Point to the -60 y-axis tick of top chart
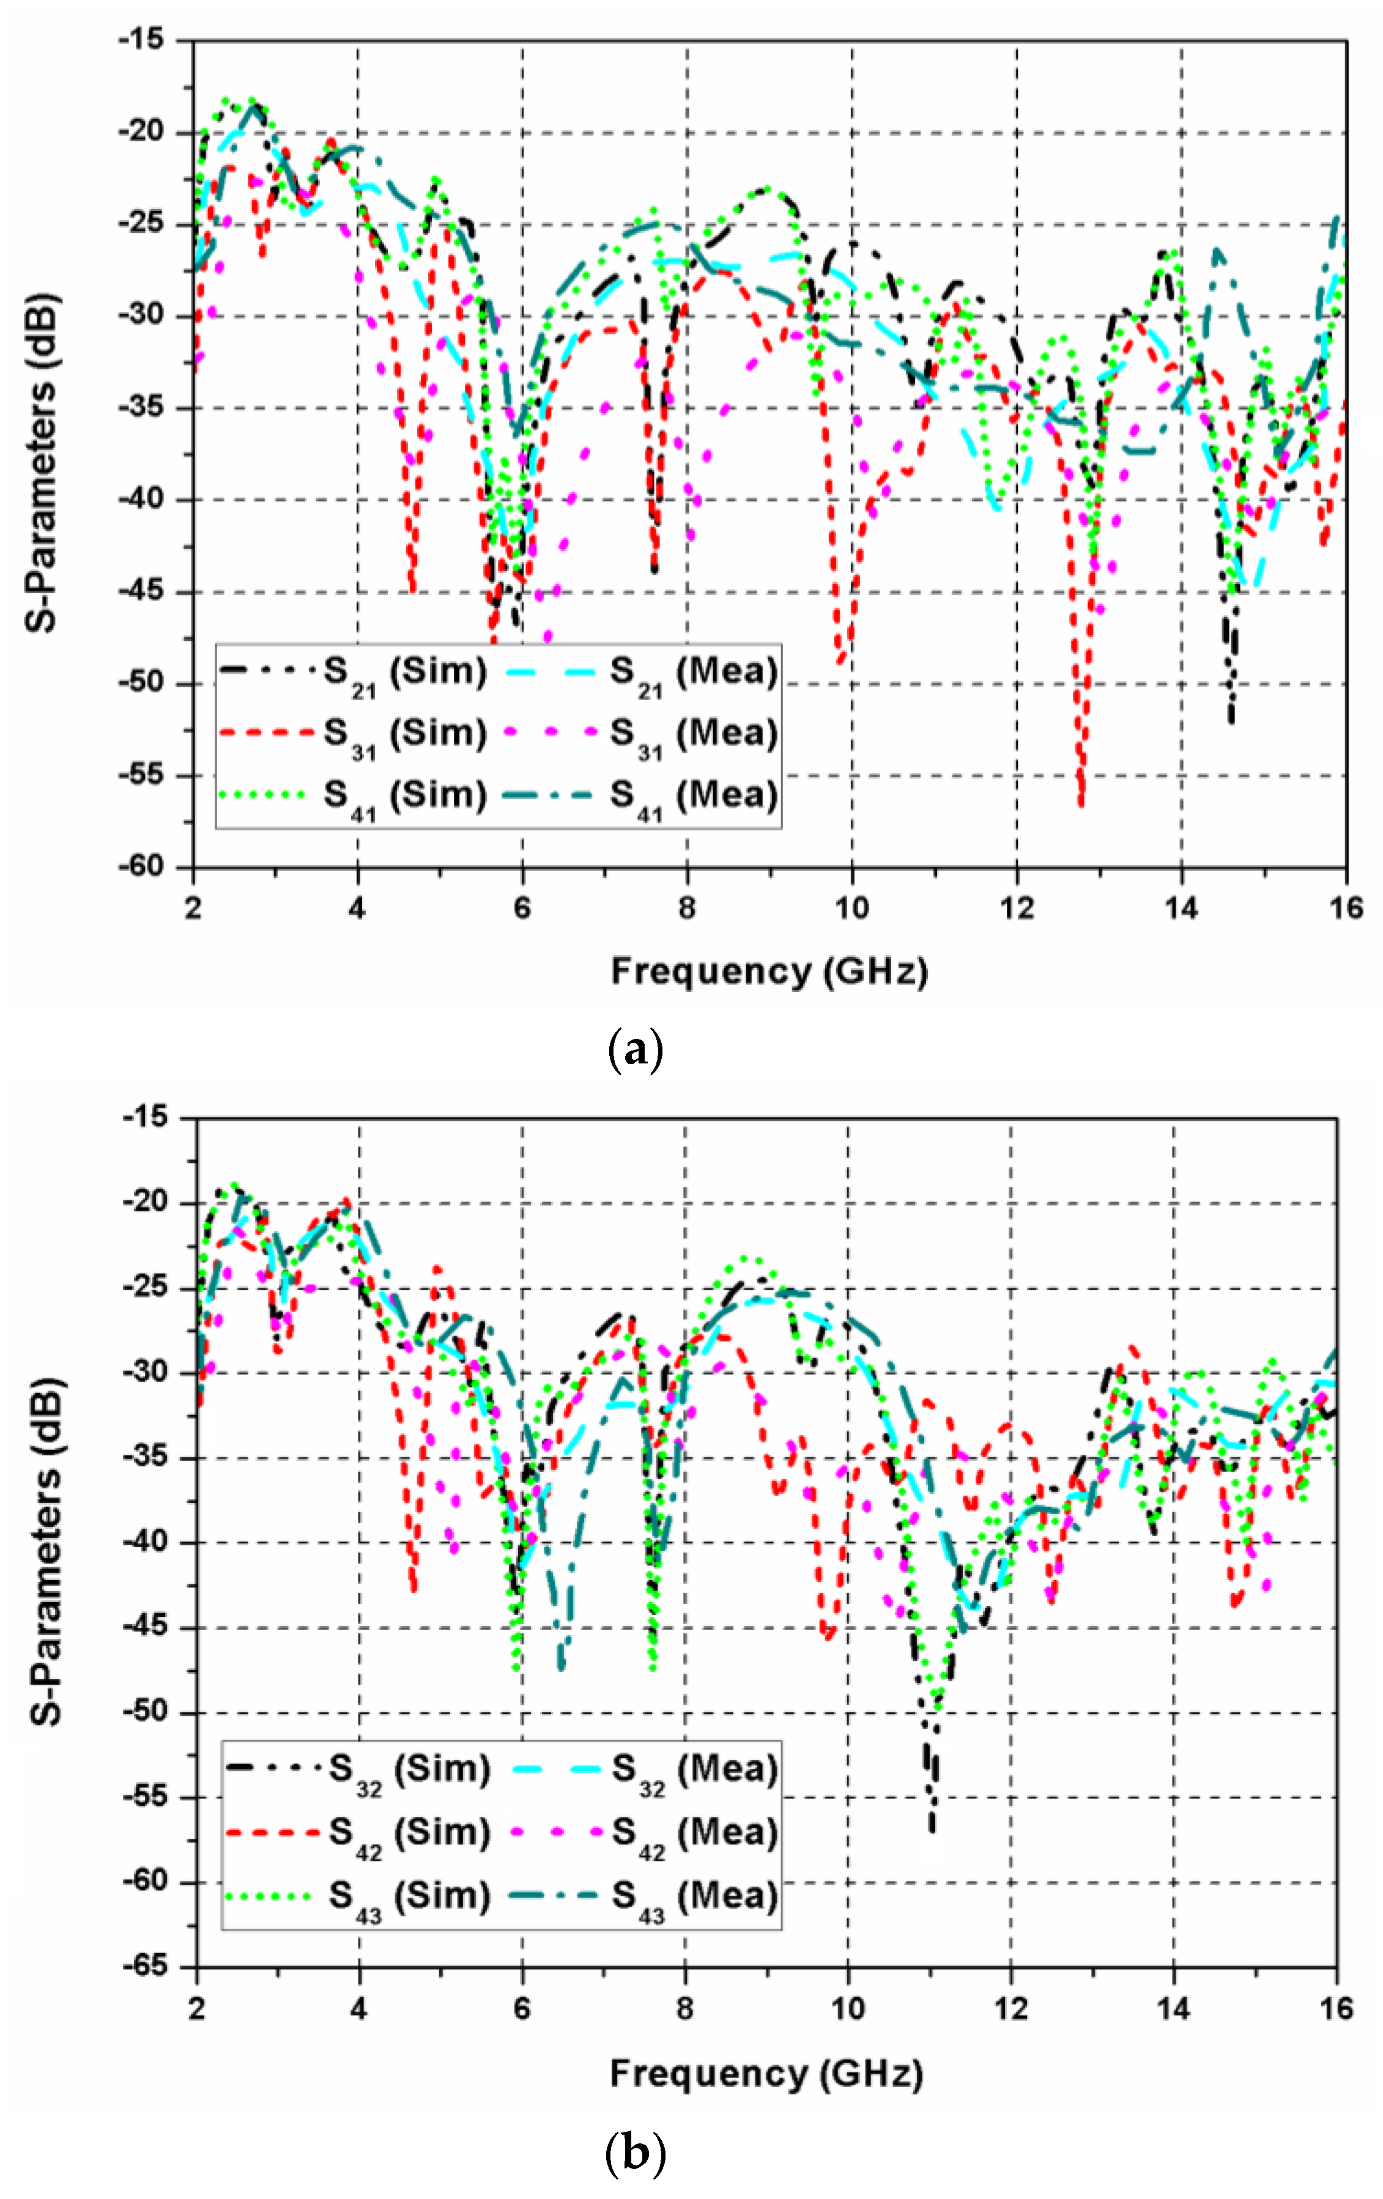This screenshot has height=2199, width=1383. coord(139,867)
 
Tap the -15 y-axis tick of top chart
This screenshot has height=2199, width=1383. coord(139,39)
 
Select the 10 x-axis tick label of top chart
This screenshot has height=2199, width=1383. coord(851,909)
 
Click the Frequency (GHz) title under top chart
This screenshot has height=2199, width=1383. coord(769,970)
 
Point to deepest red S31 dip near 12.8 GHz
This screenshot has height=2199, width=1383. coord(1081,804)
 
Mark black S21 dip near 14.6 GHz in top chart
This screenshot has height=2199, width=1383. coord(1231,722)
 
